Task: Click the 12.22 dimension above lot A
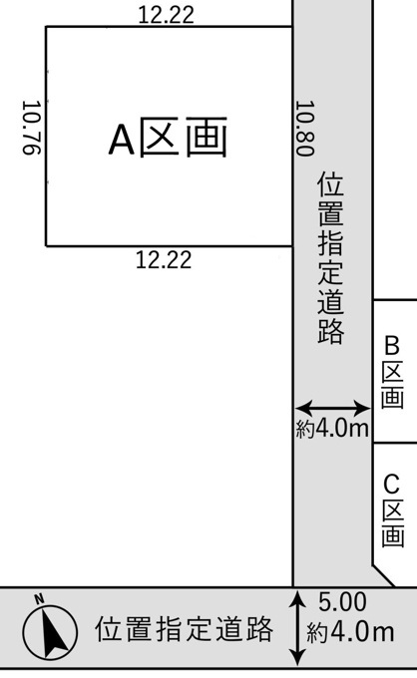pyautogui.click(x=167, y=15)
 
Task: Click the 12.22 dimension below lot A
pyautogui.click(x=164, y=260)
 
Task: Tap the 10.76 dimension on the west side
pyautogui.click(x=31, y=128)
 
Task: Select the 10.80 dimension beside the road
pyautogui.click(x=304, y=129)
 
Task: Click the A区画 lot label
pyautogui.click(x=168, y=138)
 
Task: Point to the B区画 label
pyautogui.click(x=392, y=373)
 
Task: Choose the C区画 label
pyautogui.click(x=392, y=510)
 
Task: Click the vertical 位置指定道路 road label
pyautogui.click(x=331, y=258)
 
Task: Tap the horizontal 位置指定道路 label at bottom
pyautogui.click(x=185, y=629)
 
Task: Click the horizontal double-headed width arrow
pyautogui.click(x=332, y=408)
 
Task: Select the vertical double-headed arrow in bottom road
pyautogui.click(x=297, y=629)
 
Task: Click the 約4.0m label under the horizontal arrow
pyautogui.click(x=332, y=429)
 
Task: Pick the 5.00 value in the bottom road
pyautogui.click(x=342, y=602)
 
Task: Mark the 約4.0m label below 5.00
pyautogui.click(x=350, y=632)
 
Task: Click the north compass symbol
pyautogui.click(x=50, y=629)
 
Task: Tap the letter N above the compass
pyautogui.click(x=39, y=599)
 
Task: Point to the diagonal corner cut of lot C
pyautogui.click(x=384, y=575)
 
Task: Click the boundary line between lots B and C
pyautogui.click(x=394, y=443)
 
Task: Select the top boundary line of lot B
pyautogui.click(x=394, y=300)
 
